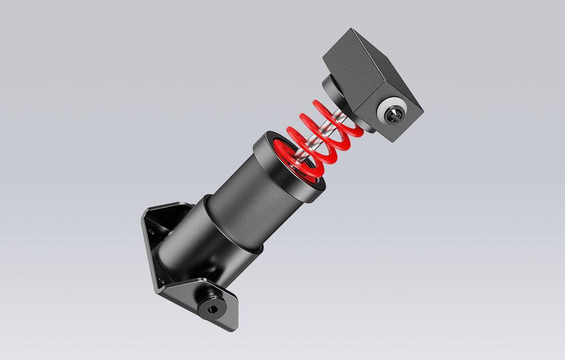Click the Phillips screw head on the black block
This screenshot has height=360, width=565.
(x=393, y=115)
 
